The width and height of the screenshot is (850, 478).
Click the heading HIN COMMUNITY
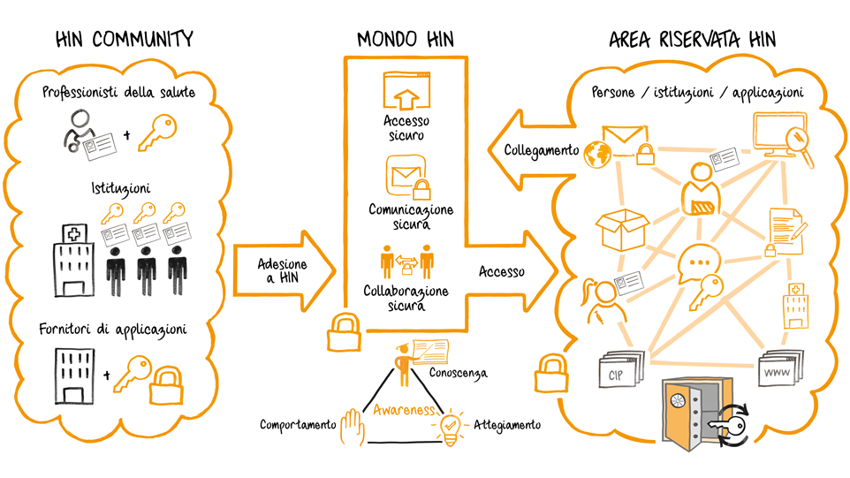[x=124, y=39]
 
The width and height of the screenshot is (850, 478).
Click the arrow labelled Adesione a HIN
[x=283, y=265]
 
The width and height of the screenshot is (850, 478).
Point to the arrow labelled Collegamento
[x=530, y=151]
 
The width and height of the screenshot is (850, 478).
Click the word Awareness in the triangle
[x=406, y=410]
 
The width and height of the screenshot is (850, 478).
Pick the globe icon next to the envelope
[x=596, y=152]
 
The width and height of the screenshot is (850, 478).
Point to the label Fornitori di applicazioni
[x=112, y=330]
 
